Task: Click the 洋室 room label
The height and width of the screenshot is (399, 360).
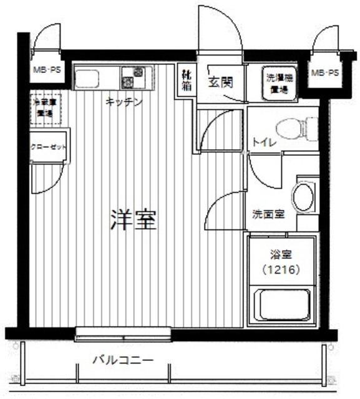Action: click(x=133, y=219)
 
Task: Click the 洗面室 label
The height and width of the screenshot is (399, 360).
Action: click(x=268, y=214)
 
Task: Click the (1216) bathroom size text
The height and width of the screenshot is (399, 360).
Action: click(x=281, y=270)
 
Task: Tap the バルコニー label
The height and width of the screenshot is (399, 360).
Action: click(x=123, y=360)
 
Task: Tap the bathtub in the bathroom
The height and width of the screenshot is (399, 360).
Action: click(x=282, y=305)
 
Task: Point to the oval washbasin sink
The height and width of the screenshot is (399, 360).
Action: click(x=304, y=197)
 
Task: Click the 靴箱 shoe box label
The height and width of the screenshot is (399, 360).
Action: click(x=187, y=82)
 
